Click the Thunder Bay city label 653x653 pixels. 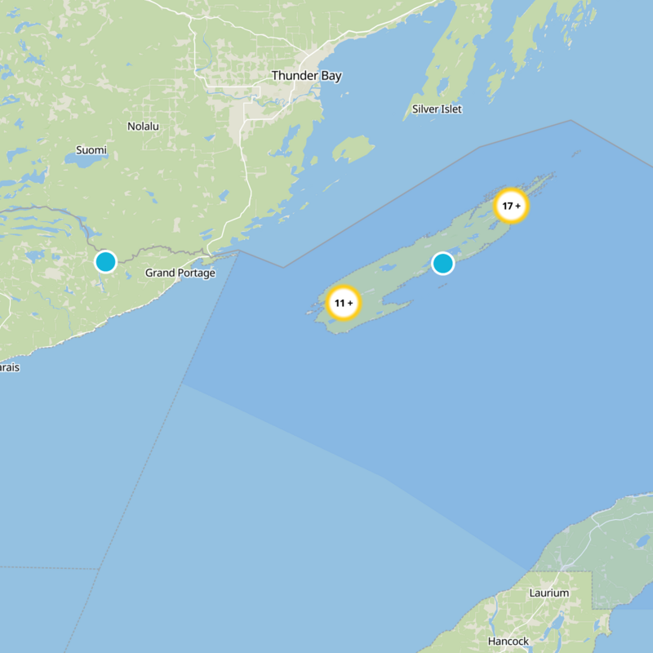(306, 76)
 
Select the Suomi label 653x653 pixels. (91, 150)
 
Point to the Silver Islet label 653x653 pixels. (437, 109)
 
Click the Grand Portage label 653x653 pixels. (180, 273)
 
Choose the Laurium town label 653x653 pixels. (549, 593)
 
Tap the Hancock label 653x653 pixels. (509, 641)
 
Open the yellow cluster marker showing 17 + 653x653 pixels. (512, 206)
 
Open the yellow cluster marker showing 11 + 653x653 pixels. (344, 303)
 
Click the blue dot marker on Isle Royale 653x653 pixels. (442, 263)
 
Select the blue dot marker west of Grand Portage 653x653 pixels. (105, 261)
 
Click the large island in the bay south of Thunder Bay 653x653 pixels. (353, 149)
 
